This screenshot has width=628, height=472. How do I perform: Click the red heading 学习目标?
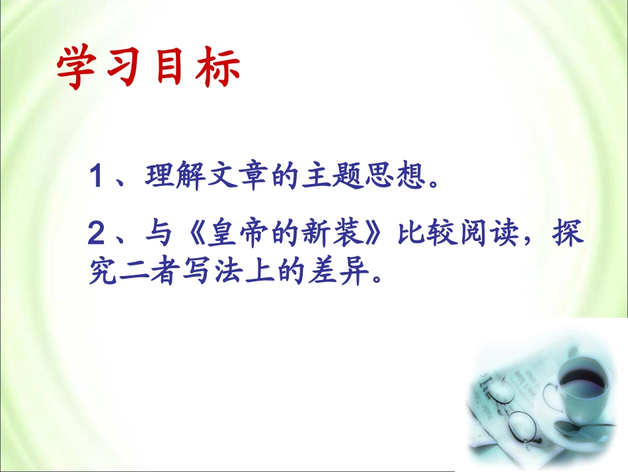point(148,69)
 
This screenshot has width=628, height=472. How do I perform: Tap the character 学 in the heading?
point(74,69)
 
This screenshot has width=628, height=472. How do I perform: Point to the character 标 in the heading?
point(219,69)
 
